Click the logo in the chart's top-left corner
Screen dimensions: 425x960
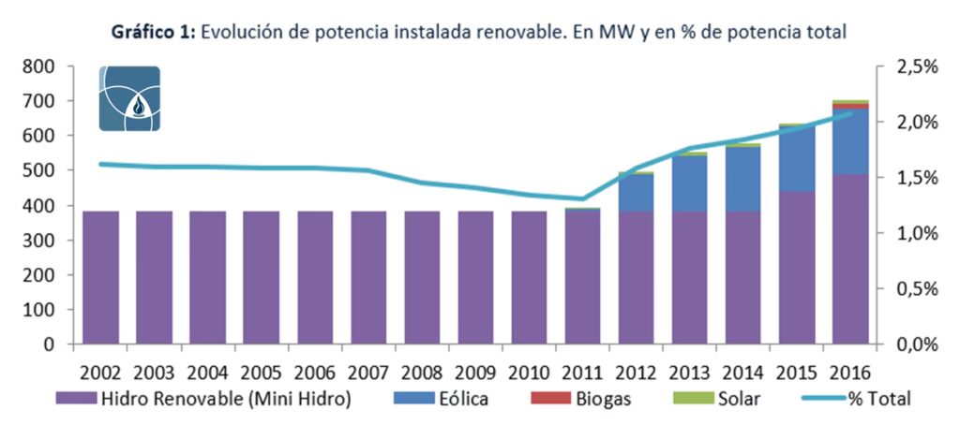pos(129,98)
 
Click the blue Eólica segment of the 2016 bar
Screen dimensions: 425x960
pos(849,141)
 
